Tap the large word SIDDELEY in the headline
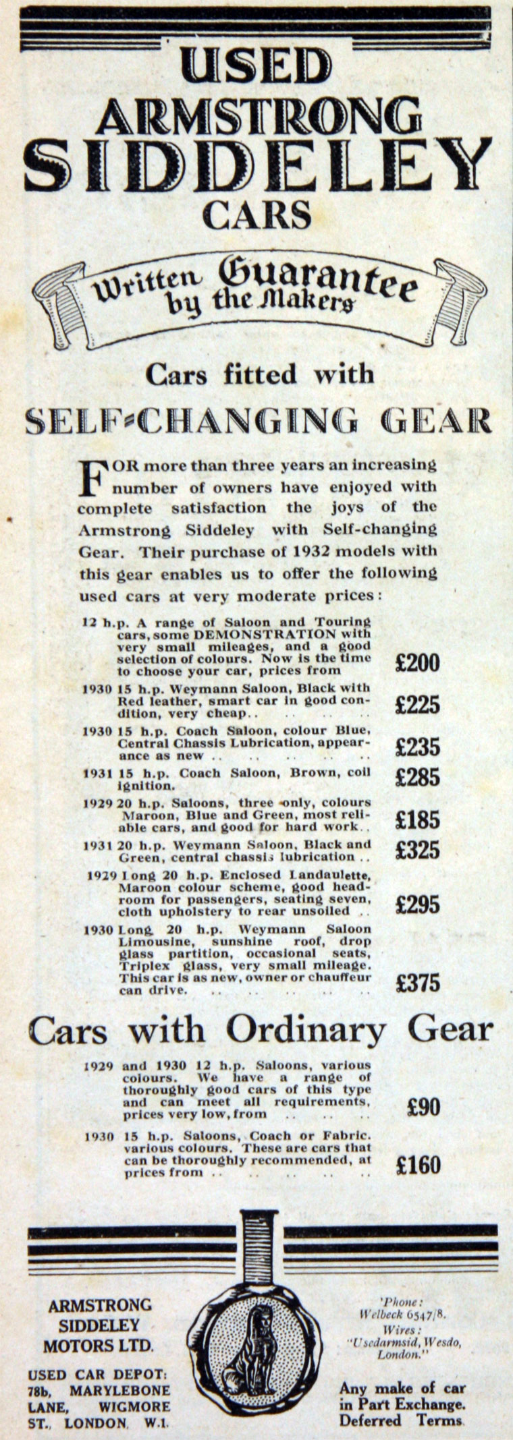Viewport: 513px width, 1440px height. (x=257, y=157)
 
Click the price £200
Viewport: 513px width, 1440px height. (x=417, y=663)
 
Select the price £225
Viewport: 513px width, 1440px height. (x=417, y=705)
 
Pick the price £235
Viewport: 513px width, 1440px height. (x=417, y=747)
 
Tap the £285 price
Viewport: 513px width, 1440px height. (x=417, y=778)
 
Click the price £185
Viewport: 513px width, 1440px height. (x=417, y=820)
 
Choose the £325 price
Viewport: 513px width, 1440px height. (x=417, y=850)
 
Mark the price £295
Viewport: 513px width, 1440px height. (x=417, y=904)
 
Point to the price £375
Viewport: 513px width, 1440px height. (x=417, y=982)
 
